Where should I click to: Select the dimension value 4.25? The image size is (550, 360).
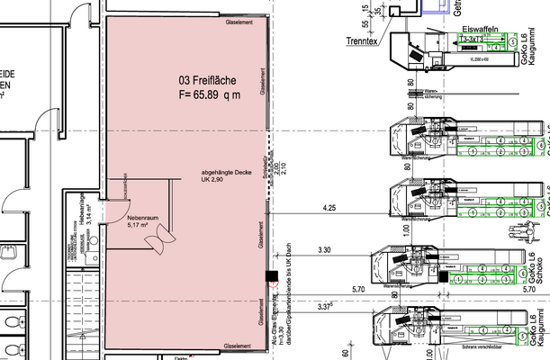click(329, 208)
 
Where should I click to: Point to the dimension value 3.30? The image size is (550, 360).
click(326, 247)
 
